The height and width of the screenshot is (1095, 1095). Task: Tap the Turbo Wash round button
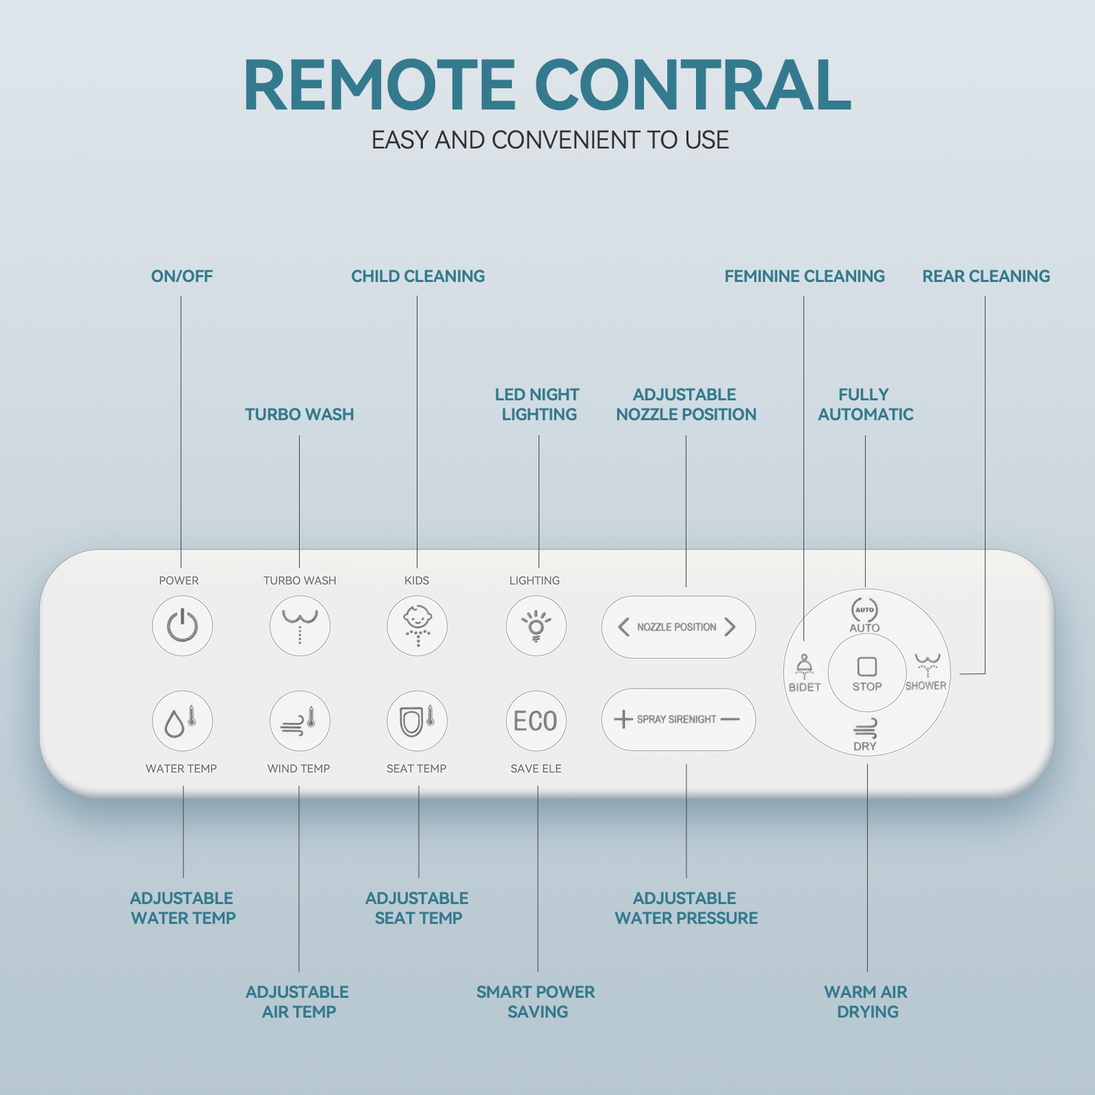[300, 626]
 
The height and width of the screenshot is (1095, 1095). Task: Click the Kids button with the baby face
[417, 626]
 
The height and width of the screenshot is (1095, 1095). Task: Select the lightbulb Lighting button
[536, 626]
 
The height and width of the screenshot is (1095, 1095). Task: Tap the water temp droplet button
[182, 721]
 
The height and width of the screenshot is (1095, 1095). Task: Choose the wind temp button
[300, 721]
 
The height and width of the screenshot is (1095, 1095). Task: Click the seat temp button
[417, 721]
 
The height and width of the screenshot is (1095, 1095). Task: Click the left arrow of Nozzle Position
[623, 627]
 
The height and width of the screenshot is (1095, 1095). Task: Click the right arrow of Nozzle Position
[730, 627]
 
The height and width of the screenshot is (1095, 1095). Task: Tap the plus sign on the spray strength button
[623, 719]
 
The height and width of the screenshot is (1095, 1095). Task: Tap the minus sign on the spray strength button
[730, 719]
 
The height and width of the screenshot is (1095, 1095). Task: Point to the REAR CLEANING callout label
[986, 276]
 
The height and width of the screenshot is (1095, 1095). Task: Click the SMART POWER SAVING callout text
[536, 1002]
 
